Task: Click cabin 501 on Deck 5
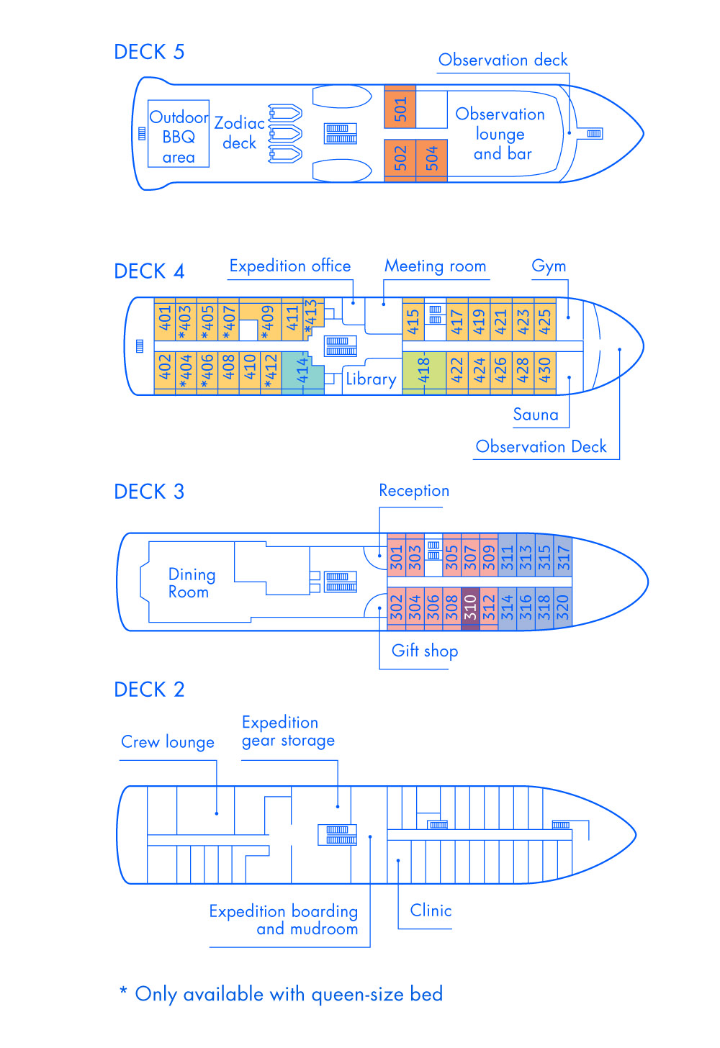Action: pos(400,108)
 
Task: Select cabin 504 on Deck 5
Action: pos(431,158)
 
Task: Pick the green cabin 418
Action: pos(424,372)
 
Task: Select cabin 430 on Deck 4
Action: pos(545,371)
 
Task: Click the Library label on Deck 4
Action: pos(371,379)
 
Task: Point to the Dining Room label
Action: pos(191,583)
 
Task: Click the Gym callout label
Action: pos(549,266)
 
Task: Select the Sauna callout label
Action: pos(536,415)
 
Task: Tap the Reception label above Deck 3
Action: pos(414,491)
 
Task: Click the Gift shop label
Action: pos(425,651)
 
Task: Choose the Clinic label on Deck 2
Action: pos(431,911)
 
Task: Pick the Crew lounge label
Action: pos(168,742)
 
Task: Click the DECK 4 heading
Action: pos(149,271)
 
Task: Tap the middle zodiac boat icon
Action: pos(285,134)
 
